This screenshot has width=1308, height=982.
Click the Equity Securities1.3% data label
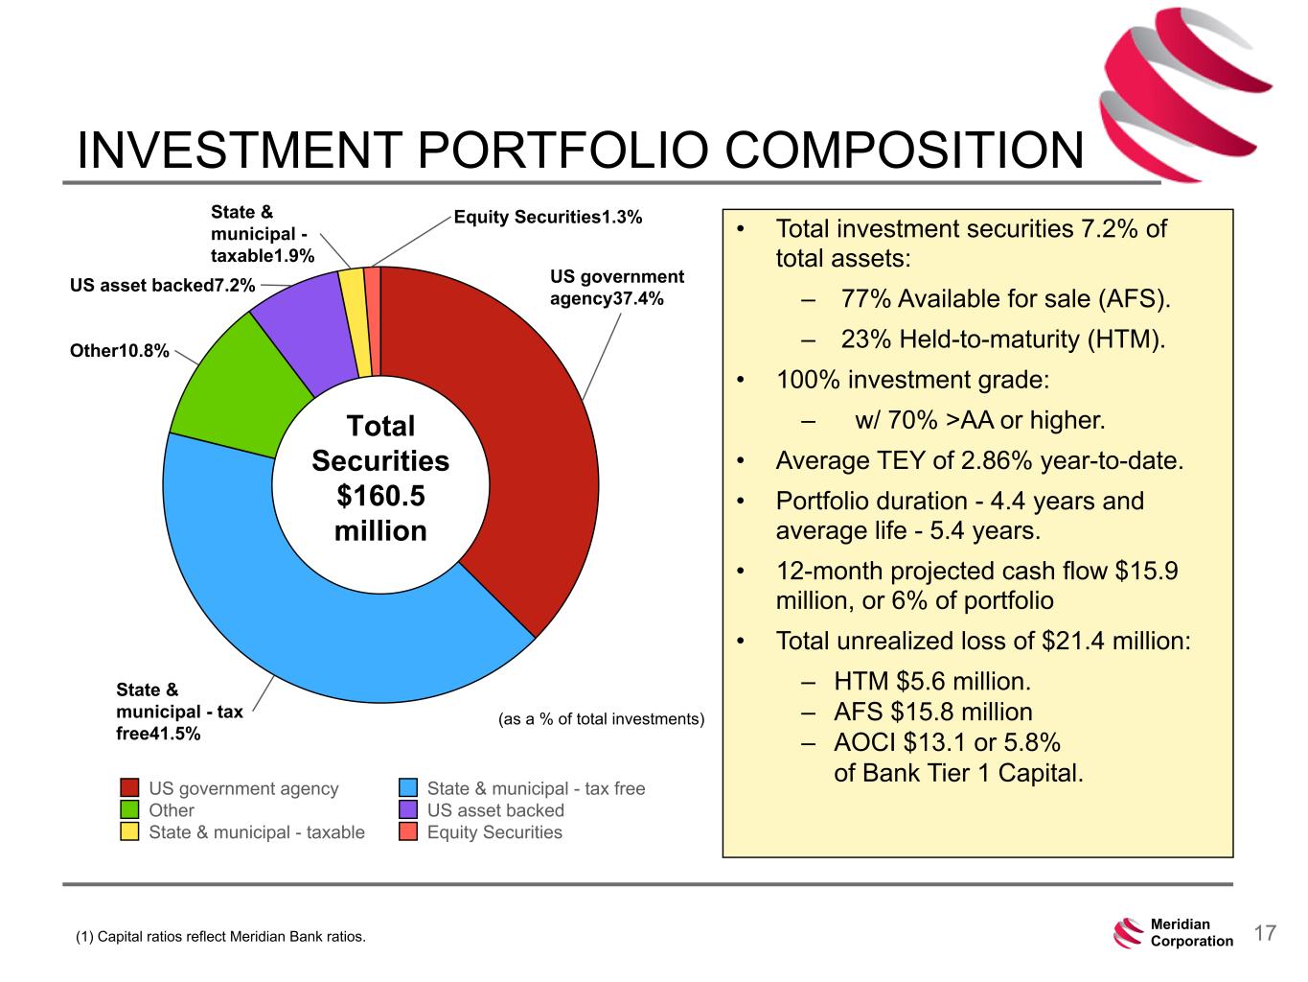pos(547,218)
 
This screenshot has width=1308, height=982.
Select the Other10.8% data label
pos(120,351)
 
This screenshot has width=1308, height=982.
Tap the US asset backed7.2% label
pos(163,285)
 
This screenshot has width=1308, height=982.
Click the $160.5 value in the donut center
pos(380,496)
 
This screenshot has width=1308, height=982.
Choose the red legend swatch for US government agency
pos(130,788)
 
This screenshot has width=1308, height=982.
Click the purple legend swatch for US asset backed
pos(408,810)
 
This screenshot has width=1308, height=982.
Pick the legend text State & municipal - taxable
pos(257,832)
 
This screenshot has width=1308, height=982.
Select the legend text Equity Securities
pos(494,832)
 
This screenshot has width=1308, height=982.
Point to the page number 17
pos(1265,933)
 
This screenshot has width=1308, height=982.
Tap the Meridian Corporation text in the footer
pos(1191,933)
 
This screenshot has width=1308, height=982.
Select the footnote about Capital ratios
pos(220,936)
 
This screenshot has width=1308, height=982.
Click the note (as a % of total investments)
pos(602,718)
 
